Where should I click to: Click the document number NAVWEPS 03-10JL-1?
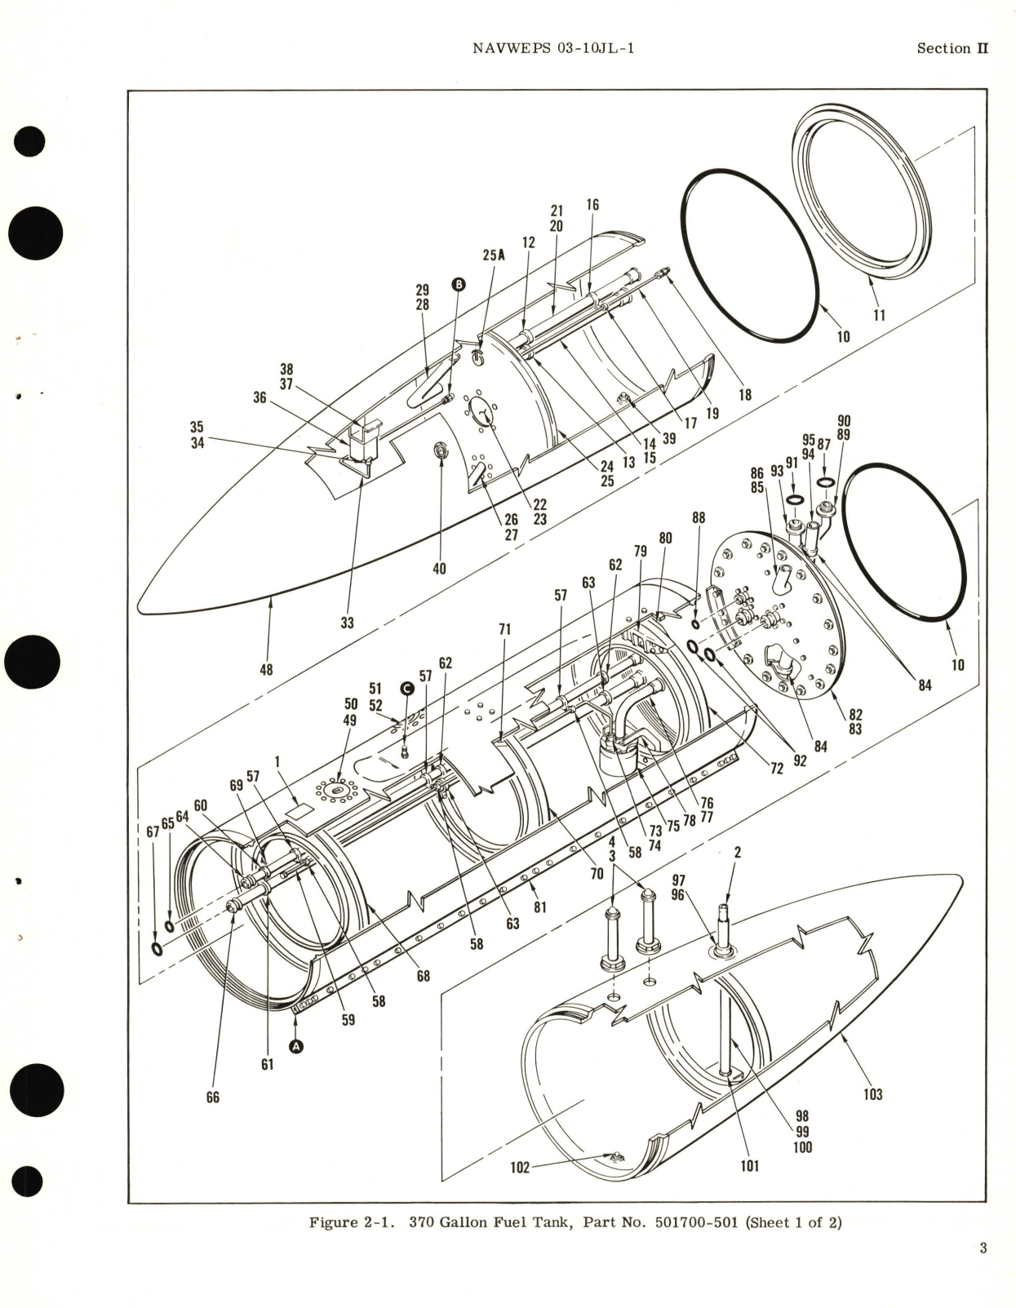(553, 48)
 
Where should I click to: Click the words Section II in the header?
(952, 48)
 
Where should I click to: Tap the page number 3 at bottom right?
(983, 1248)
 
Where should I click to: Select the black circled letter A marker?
(296, 1045)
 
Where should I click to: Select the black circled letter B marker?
(458, 284)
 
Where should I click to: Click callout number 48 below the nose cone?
(266, 669)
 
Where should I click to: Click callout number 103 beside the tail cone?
(872, 1093)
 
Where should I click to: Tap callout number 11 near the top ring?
(879, 315)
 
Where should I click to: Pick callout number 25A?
(494, 255)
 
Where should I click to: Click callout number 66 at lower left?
(212, 1097)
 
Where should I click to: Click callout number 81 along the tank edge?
(539, 906)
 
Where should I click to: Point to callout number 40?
(439, 568)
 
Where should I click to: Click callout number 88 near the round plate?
(698, 517)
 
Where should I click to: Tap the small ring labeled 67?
(156, 949)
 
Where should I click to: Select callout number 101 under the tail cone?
(748, 1165)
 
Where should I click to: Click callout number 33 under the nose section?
(347, 623)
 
